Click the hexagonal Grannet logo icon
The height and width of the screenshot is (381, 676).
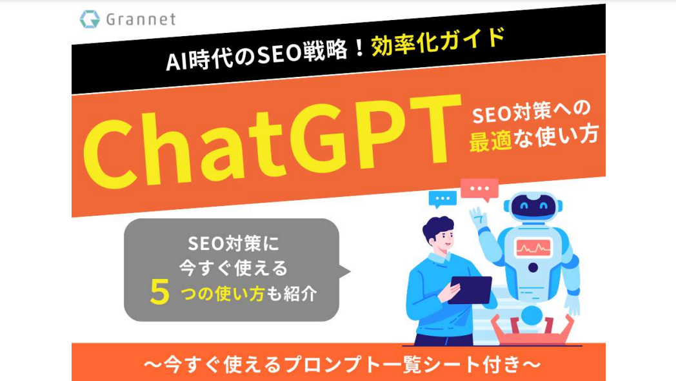tap(90, 19)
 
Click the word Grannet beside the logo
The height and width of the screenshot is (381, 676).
tap(141, 19)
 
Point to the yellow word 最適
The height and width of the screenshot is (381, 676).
tap(491, 141)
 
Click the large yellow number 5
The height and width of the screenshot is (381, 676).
tap(159, 292)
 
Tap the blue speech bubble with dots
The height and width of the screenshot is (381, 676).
tap(442, 199)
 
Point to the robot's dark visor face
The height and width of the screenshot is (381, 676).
tap(533, 207)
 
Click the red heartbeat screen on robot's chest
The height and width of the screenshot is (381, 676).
tap(533, 247)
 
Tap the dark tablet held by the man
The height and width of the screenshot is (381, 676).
tap(470, 290)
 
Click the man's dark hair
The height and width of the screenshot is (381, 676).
tap(436, 227)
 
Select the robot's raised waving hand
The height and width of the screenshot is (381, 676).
tap(479, 217)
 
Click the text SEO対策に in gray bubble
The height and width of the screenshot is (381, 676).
tap(234, 244)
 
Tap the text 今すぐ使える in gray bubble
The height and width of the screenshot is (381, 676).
tap(234, 268)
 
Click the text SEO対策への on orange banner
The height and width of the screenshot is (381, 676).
tap(531, 112)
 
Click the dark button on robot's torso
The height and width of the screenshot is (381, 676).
tap(533, 267)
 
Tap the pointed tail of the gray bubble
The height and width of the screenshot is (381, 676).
tap(345, 271)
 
